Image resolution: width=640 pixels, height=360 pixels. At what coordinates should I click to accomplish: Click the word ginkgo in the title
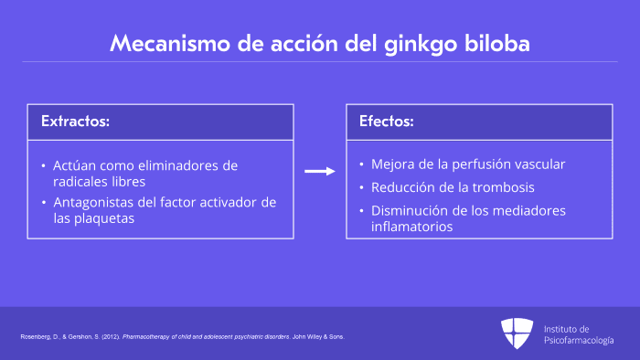click(x=420, y=45)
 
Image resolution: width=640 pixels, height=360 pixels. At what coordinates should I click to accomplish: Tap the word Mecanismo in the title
click(x=170, y=43)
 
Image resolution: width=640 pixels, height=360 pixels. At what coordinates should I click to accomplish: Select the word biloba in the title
click(x=497, y=43)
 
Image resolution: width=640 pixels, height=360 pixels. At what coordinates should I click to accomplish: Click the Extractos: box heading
click(x=75, y=122)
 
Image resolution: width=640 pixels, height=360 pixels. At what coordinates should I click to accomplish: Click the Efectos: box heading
click(x=386, y=122)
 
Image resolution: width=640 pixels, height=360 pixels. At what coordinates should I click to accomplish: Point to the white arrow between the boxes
click(x=320, y=171)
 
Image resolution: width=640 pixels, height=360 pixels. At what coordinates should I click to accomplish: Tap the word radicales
click(x=80, y=182)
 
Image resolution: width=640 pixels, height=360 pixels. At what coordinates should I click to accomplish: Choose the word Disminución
click(x=410, y=211)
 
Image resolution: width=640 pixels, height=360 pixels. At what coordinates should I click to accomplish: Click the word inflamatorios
click(x=411, y=227)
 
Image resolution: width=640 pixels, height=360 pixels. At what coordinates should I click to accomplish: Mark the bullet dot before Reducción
click(x=361, y=187)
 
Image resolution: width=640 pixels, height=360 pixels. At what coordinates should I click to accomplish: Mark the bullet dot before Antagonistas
click(x=44, y=203)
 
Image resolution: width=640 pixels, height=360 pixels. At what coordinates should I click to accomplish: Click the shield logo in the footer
click(x=517, y=334)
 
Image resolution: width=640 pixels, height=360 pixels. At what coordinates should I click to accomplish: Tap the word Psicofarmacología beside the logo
click(x=579, y=341)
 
